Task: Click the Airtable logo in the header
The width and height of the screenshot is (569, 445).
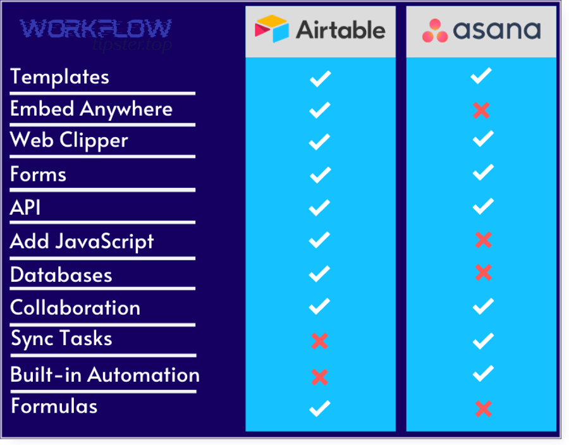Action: click(320, 30)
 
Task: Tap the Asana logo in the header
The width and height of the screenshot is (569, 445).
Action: click(481, 30)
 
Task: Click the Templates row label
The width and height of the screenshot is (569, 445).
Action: click(60, 77)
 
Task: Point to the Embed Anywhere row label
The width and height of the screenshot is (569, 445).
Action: click(91, 109)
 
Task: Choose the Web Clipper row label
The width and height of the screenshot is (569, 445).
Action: click(69, 140)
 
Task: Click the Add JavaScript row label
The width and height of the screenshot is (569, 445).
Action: click(82, 241)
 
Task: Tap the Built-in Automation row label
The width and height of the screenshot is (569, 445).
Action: click(105, 375)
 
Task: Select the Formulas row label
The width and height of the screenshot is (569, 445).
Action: click(54, 405)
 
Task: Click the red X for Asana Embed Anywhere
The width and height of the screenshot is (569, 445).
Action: click(481, 111)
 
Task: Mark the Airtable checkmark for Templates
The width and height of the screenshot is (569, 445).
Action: click(320, 78)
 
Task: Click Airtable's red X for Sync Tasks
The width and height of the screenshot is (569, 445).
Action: click(319, 341)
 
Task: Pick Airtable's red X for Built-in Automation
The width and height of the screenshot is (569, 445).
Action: click(319, 377)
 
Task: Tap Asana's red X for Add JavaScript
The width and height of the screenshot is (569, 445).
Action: click(482, 240)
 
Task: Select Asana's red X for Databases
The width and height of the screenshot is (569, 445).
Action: click(482, 272)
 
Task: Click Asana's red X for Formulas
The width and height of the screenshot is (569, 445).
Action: click(482, 409)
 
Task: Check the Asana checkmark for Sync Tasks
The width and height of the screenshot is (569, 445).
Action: click(482, 341)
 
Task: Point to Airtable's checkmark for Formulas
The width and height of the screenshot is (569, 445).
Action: click(320, 408)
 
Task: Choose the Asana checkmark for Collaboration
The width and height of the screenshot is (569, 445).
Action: click(482, 307)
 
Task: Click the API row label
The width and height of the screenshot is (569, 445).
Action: click(25, 207)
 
